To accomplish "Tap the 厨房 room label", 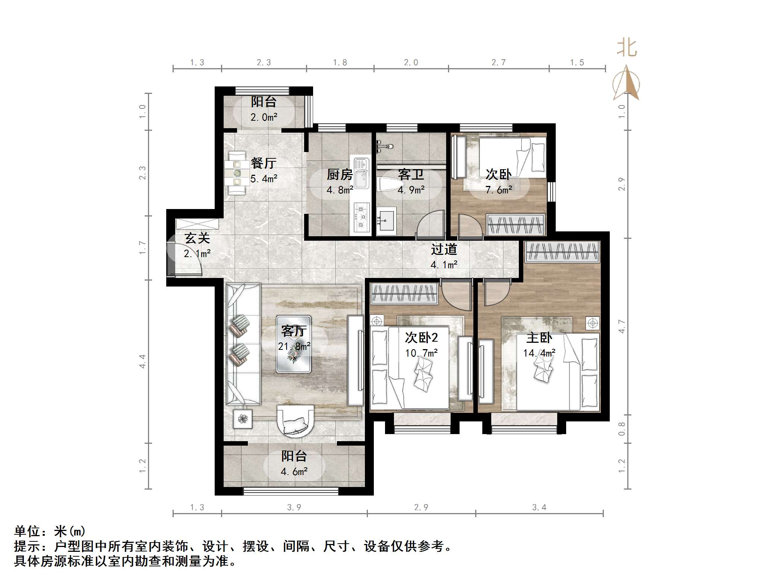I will [340, 174].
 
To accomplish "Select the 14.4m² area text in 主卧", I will [539, 353].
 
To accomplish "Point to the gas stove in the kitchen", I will [361, 216].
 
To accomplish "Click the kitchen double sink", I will [361, 173].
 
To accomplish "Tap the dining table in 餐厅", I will [237, 173].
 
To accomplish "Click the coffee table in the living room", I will [294, 344].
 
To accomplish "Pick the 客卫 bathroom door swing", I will [430, 225].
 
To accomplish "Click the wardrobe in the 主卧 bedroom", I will [562, 252].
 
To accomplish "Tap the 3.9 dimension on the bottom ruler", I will [294, 507].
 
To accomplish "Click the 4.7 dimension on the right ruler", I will [621, 326].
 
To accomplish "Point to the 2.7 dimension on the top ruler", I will [498, 63].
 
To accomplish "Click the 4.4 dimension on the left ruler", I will [142, 361].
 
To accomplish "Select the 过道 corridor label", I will [444, 249].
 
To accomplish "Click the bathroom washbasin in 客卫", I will [386, 221].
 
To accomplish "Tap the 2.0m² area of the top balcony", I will [264, 117].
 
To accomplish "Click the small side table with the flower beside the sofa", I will [243, 419].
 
